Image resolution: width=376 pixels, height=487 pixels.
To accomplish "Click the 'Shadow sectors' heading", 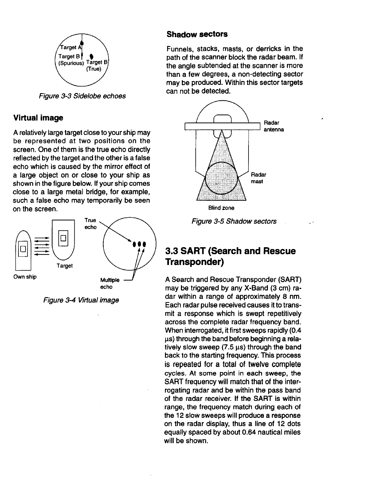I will (197, 34).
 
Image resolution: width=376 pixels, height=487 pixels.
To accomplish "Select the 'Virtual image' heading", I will (38, 118).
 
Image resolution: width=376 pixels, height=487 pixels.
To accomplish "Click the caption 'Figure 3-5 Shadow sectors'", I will (234, 221).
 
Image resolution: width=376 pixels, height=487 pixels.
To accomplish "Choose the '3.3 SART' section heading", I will (230, 256).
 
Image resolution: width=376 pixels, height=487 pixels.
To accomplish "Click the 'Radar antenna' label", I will (274, 126).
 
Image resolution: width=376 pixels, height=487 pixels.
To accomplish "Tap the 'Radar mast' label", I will (259, 178).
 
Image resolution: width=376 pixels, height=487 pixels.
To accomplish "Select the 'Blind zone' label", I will (221, 208).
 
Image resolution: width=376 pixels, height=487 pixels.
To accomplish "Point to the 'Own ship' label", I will (25, 277).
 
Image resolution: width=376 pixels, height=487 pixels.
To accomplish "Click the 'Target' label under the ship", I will (65, 266).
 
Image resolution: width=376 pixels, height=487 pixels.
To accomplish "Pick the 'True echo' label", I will (90, 224).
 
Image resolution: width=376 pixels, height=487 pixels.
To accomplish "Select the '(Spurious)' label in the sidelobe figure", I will (71, 63).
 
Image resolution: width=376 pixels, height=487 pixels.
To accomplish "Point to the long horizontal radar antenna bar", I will (223, 126).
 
